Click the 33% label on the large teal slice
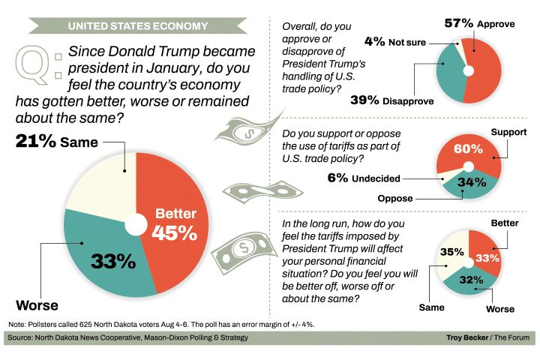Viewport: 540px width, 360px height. point(112,261)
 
